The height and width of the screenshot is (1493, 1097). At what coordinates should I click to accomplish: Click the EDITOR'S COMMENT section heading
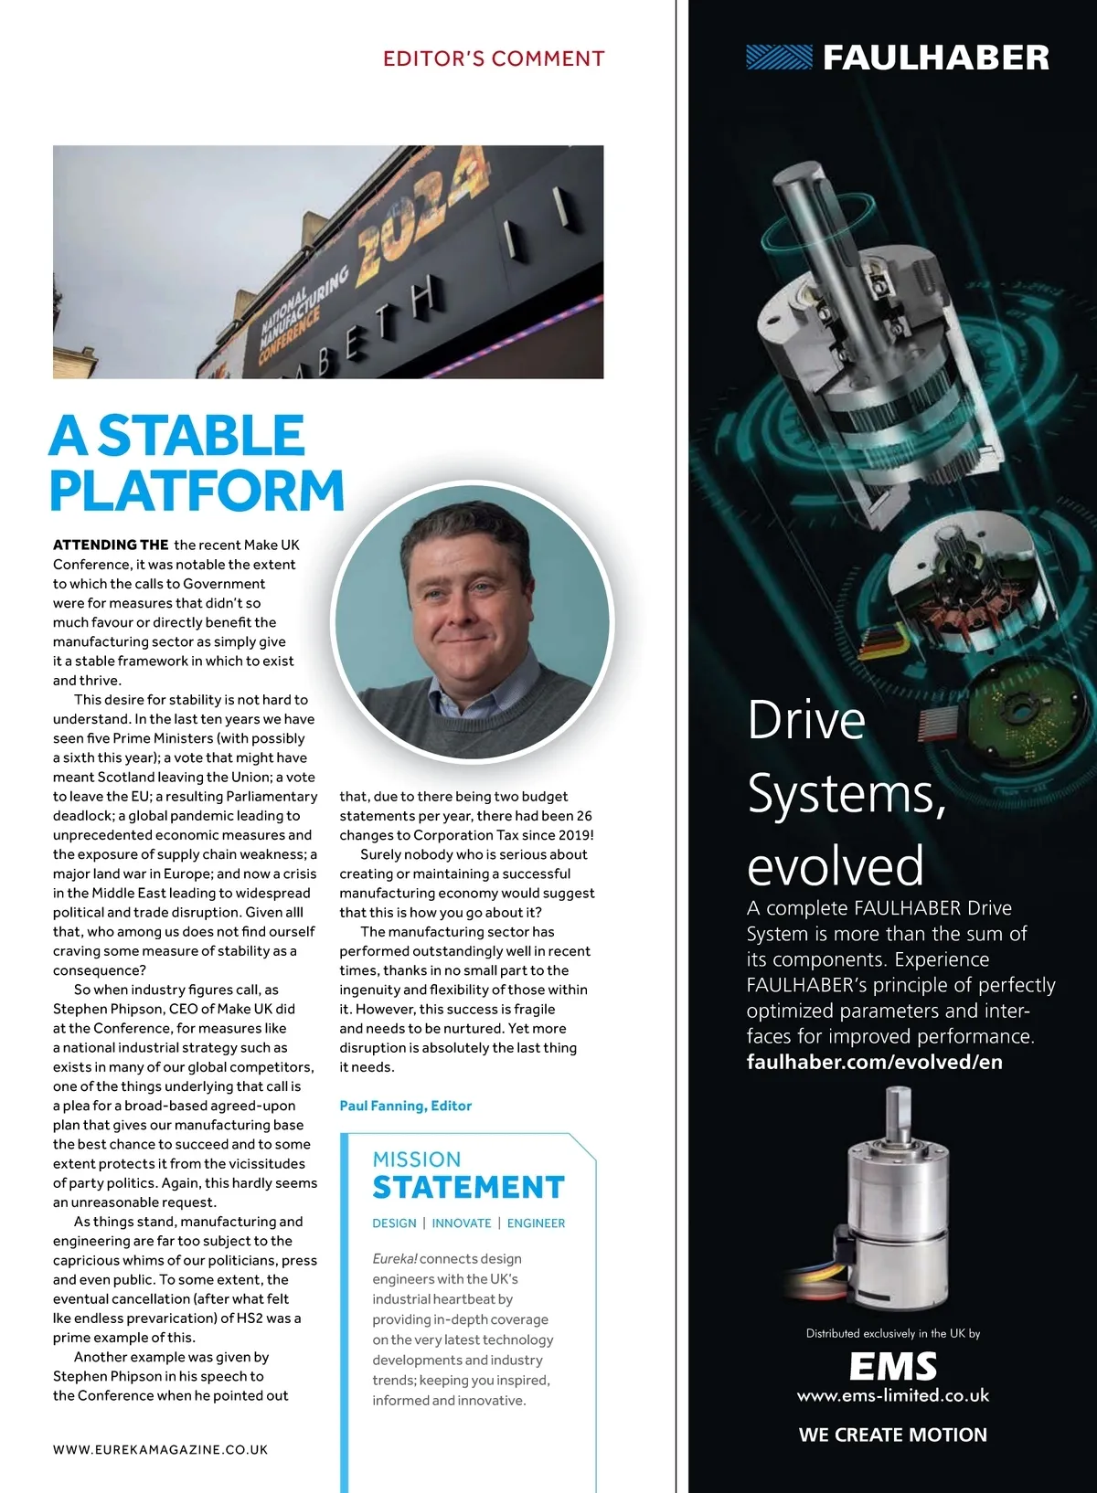pos(494,59)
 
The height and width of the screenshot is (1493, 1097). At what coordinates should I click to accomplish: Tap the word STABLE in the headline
pos(201,436)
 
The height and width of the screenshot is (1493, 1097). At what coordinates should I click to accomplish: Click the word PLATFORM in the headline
pos(197,491)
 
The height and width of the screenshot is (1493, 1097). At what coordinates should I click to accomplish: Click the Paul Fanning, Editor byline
pos(405,1106)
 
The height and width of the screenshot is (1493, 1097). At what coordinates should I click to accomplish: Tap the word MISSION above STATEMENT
pos(417,1159)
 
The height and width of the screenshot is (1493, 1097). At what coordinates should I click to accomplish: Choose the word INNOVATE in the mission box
pos(462,1223)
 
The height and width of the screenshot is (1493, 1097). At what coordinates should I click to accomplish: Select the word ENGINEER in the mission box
pos(536,1223)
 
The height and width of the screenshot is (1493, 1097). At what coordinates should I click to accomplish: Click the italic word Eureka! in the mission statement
pos(395,1259)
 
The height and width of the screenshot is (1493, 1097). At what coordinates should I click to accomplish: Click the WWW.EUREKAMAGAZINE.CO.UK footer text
pos(161,1449)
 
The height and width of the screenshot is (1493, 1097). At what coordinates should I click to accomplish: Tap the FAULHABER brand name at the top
pos(936,58)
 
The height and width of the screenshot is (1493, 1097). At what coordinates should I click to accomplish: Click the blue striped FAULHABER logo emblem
pos(779,58)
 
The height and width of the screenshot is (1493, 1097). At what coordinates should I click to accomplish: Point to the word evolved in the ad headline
pos(836,866)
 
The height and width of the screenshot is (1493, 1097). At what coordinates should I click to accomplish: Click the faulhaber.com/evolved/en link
pos(874,1062)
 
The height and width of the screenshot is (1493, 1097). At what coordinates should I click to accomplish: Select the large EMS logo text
pos(893,1367)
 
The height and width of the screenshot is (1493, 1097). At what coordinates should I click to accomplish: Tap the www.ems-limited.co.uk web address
pos(893,1396)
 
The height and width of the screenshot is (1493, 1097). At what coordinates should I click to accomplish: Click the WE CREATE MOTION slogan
pos(893,1435)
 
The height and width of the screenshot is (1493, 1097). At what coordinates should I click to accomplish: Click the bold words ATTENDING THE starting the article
pos(111,545)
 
